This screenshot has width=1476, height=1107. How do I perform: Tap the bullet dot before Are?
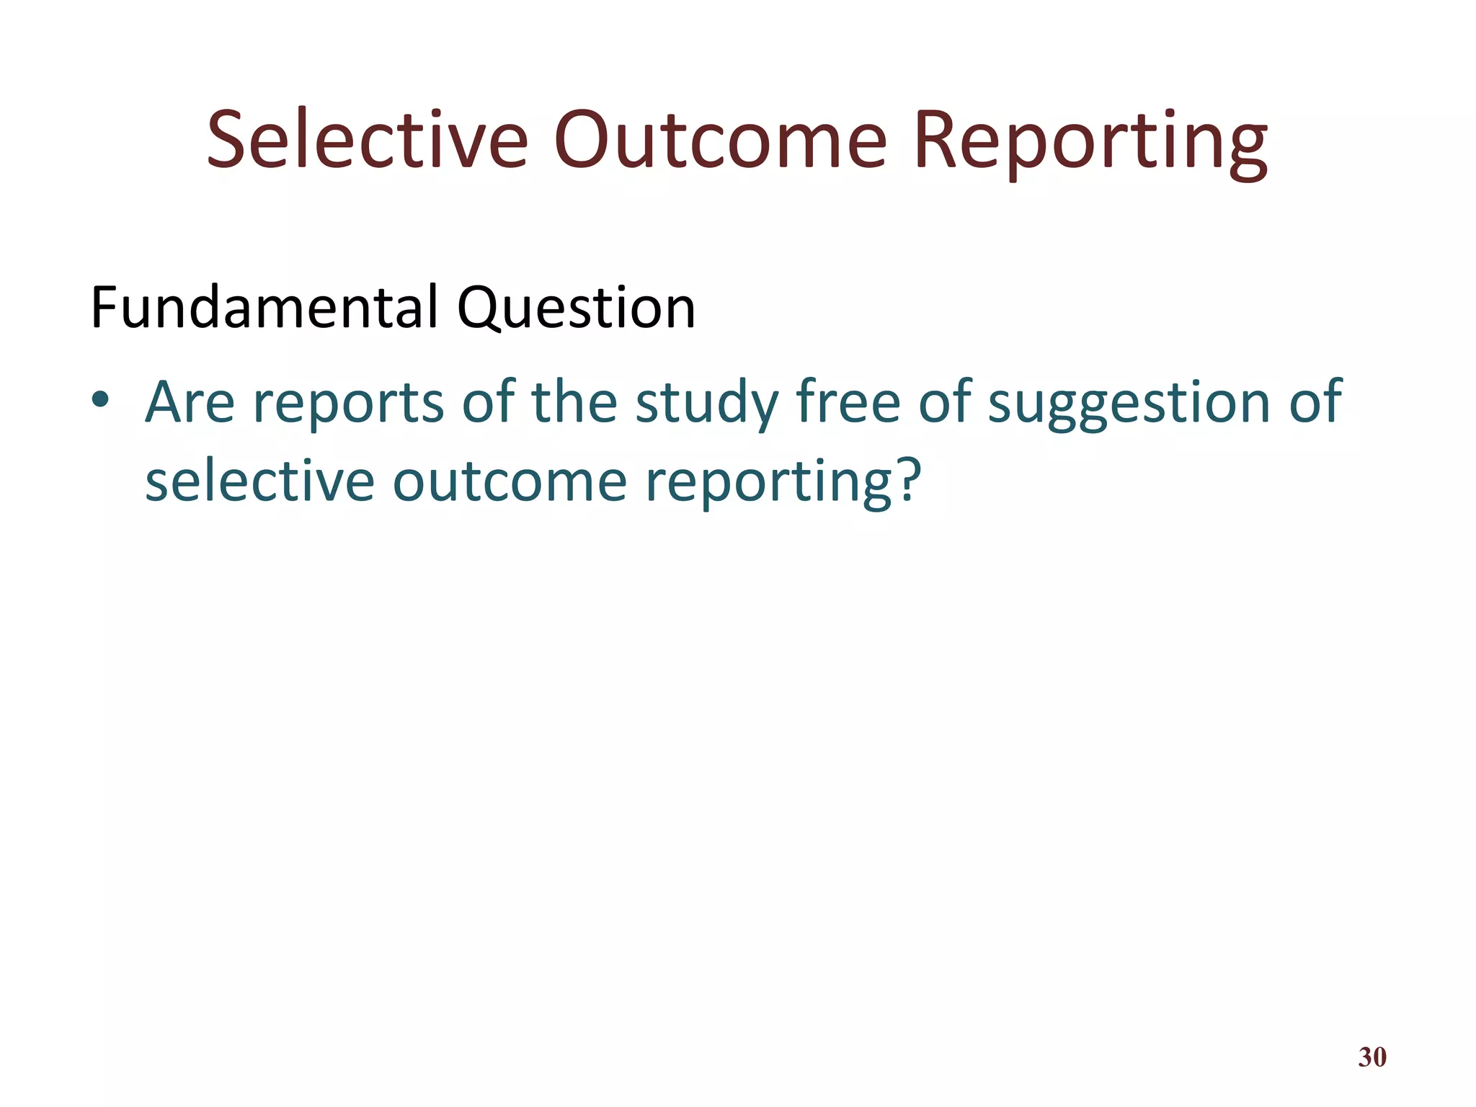[x=100, y=399]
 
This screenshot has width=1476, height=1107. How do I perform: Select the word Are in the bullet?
[x=190, y=402]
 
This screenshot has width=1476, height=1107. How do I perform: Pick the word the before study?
[x=574, y=401]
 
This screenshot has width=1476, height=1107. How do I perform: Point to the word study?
[x=706, y=404]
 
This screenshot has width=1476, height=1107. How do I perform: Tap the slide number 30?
[x=1371, y=1057]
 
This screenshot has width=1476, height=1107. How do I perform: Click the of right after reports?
[x=487, y=401]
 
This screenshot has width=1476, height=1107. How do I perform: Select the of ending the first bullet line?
[x=1315, y=401]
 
